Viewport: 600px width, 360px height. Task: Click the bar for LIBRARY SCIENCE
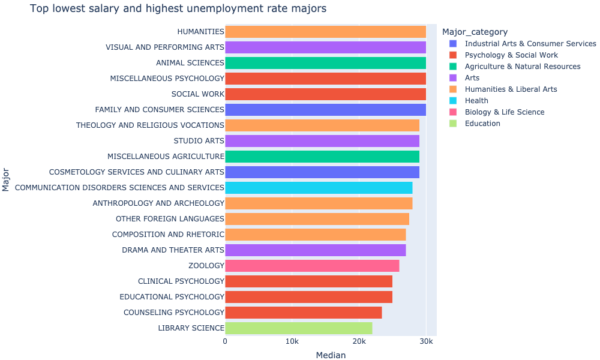pyautogui.click(x=298, y=328)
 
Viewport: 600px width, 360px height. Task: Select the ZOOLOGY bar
pyautogui.click(x=312, y=266)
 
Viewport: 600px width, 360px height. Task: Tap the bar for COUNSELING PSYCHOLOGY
pyautogui.click(x=303, y=313)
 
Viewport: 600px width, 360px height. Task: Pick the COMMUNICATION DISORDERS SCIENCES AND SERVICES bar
pyautogui.click(x=319, y=188)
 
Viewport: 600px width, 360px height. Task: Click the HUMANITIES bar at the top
pyautogui.click(x=325, y=32)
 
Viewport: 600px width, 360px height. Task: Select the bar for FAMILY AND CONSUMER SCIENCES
pyautogui.click(x=325, y=110)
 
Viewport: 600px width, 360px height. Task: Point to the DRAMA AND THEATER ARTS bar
pyautogui.click(x=315, y=250)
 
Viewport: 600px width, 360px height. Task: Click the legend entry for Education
pyautogui.click(x=482, y=124)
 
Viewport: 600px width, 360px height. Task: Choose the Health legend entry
pyautogui.click(x=476, y=101)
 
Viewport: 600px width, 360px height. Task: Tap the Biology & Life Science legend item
pyautogui.click(x=504, y=112)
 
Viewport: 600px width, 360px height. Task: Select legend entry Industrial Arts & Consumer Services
pyautogui.click(x=530, y=44)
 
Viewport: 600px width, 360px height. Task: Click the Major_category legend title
pyautogui.click(x=474, y=32)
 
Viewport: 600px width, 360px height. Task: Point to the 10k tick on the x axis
pyautogui.click(x=292, y=341)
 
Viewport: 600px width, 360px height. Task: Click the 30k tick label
pyautogui.click(x=425, y=341)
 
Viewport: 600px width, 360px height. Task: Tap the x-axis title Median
pyautogui.click(x=331, y=355)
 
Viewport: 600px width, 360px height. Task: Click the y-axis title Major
pyautogui.click(x=7, y=180)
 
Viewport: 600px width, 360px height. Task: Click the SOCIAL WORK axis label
pyautogui.click(x=197, y=94)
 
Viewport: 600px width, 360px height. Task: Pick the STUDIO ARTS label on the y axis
pyautogui.click(x=199, y=141)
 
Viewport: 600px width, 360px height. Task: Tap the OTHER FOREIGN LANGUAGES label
pyautogui.click(x=170, y=219)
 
